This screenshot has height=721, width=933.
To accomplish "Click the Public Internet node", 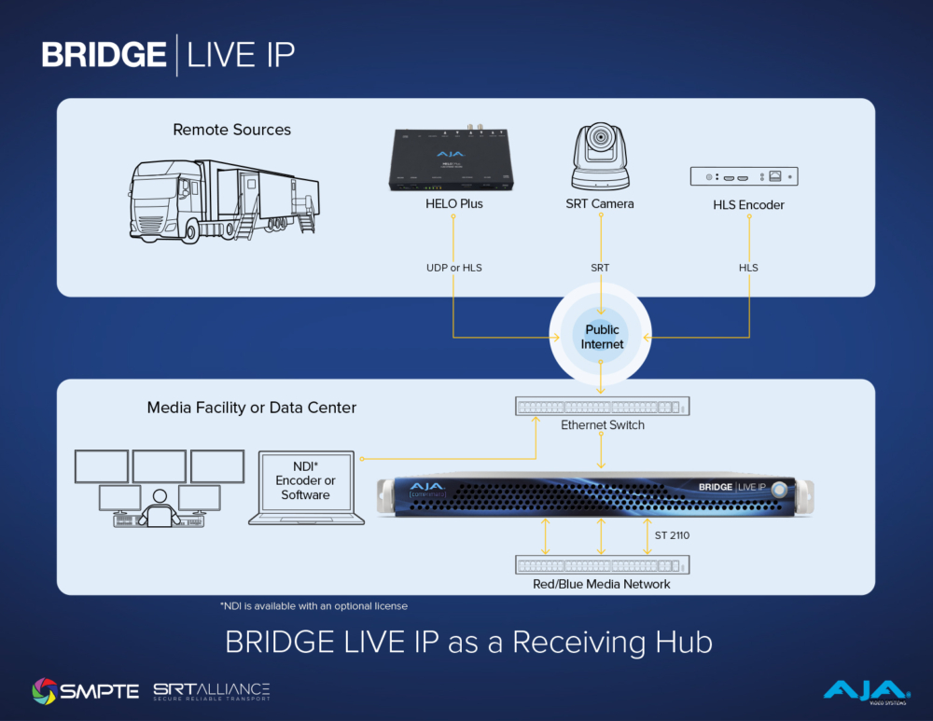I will tap(602, 337).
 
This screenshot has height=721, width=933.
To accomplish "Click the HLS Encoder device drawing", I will tap(743, 176).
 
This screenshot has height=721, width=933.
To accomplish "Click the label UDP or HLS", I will tap(453, 268).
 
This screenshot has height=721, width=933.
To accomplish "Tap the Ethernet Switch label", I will tap(603, 425).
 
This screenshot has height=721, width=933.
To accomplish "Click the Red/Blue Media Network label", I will tap(603, 584).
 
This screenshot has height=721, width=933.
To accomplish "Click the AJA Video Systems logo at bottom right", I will tap(865, 690).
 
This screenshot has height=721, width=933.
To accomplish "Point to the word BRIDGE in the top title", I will tap(104, 55).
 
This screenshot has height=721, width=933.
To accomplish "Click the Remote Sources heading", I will tap(231, 130).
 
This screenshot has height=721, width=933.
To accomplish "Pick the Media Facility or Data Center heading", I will tap(252, 408).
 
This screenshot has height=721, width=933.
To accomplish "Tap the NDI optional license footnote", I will tap(313, 606).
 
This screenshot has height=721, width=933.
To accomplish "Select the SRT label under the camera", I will tap(600, 268).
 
